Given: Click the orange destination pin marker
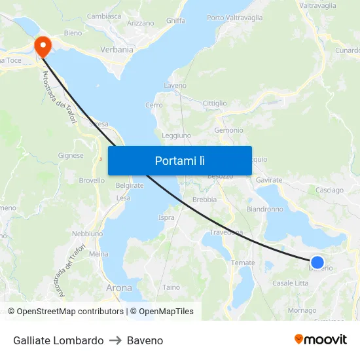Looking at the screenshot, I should click(x=43, y=46).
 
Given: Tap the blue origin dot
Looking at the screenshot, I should click(x=317, y=262).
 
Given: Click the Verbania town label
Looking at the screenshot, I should click(x=117, y=49).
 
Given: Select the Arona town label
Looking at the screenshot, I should click(x=118, y=287).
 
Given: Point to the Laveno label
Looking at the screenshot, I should click(x=175, y=86).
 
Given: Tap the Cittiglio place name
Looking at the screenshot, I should click(x=215, y=103).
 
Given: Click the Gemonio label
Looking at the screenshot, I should click(x=228, y=130).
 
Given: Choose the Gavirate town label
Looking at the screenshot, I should click(x=269, y=179).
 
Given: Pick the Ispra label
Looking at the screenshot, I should click(x=166, y=217).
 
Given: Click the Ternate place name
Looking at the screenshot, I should click(x=243, y=263).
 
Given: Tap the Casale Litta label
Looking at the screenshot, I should click(x=290, y=283).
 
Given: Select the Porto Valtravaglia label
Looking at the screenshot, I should click(x=234, y=18).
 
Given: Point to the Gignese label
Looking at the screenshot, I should click(x=71, y=156).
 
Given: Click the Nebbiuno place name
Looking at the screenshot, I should click(x=87, y=234).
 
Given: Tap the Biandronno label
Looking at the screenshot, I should click(x=265, y=209).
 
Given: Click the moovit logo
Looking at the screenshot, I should click(x=321, y=339).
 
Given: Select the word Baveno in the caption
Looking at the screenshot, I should click(x=145, y=340).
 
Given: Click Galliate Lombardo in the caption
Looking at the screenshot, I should click(x=58, y=340).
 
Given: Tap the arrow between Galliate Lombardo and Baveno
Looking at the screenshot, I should click(x=115, y=340).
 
